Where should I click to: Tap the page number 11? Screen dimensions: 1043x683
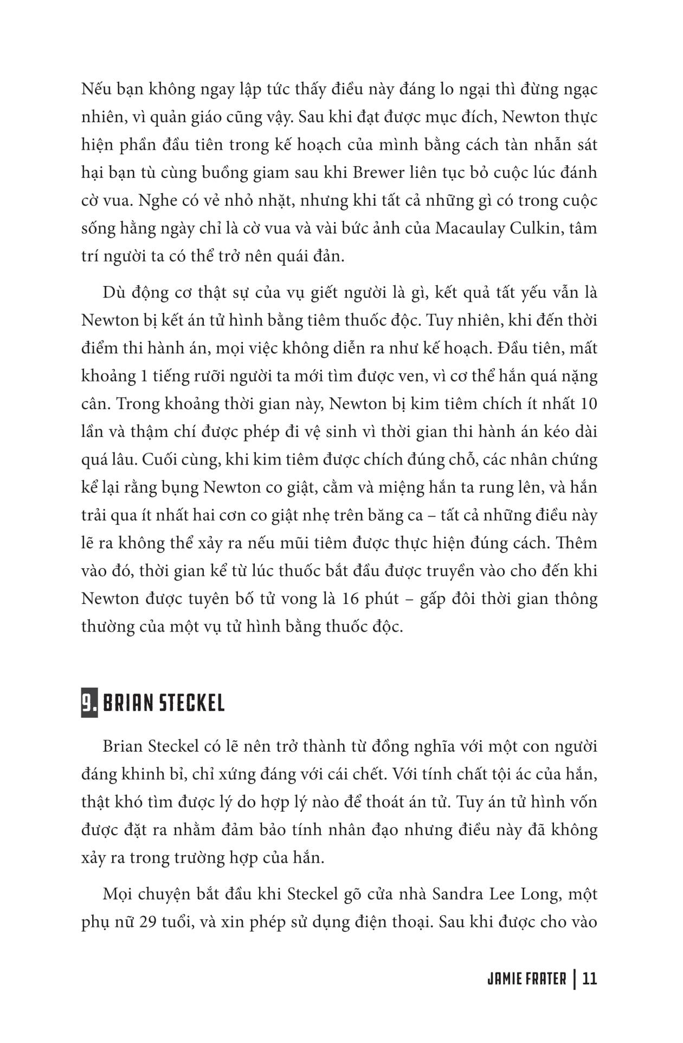pos(589,979)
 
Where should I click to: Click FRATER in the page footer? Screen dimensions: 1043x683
pos(546,979)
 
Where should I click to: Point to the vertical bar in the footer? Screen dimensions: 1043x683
pos(574,979)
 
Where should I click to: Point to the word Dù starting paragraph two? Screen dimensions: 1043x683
pos(113,292)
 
